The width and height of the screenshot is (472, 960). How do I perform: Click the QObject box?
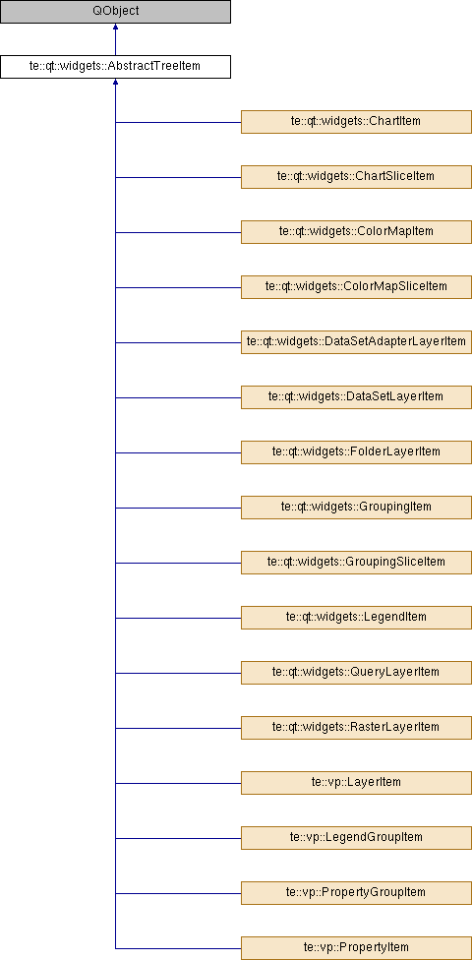tap(115, 12)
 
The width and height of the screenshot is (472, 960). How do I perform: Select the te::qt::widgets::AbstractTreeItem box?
tap(115, 67)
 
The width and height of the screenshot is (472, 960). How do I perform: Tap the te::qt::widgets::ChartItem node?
tap(356, 122)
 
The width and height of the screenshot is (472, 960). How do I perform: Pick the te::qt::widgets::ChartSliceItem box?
tap(356, 177)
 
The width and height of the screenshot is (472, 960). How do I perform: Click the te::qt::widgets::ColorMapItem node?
tap(356, 232)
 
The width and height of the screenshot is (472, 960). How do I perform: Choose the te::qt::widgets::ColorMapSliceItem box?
tap(356, 287)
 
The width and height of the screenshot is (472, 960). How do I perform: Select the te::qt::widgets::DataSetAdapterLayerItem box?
tap(356, 342)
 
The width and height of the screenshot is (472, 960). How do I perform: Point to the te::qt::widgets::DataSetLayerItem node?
tap(356, 397)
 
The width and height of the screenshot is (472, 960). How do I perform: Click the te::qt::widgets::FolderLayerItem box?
tap(356, 452)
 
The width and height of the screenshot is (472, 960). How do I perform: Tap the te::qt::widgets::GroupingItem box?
tap(356, 508)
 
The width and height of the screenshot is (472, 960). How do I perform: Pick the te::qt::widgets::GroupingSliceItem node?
tap(356, 563)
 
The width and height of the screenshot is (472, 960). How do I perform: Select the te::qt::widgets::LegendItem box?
tap(356, 618)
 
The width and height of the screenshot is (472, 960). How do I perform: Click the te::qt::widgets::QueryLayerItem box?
tap(356, 673)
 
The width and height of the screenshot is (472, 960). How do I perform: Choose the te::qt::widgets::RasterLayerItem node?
tap(356, 728)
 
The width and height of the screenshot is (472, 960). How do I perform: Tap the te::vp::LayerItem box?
tap(356, 783)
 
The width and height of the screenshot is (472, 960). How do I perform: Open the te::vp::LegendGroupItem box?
tap(356, 838)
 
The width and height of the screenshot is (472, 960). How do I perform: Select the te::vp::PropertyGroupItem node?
tap(356, 893)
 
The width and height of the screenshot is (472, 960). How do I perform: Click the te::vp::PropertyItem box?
tap(356, 948)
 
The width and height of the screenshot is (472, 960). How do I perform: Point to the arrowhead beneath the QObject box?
tap(115, 28)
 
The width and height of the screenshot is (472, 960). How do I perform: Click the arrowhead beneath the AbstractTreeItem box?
tap(115, 83)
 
